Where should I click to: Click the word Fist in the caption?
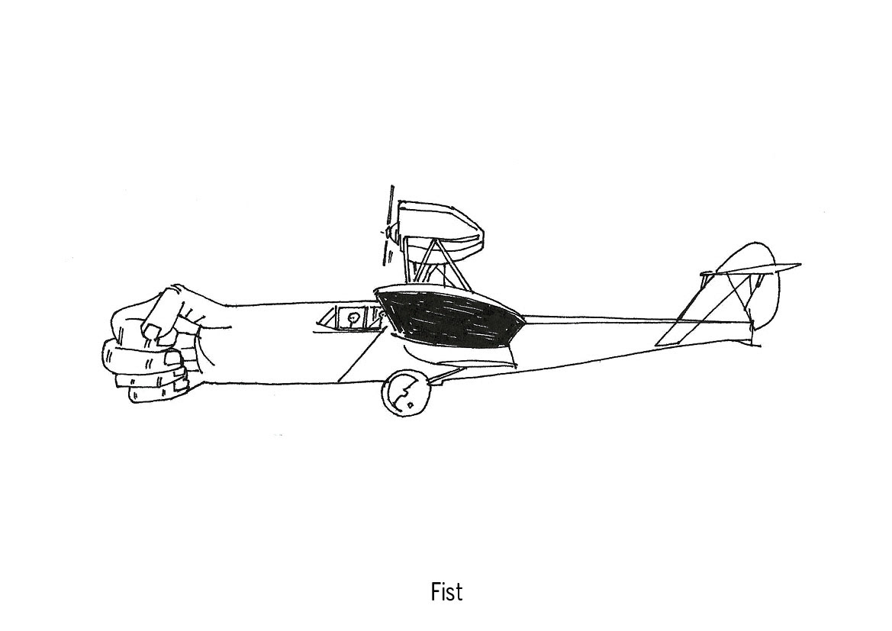[x=446, y=591]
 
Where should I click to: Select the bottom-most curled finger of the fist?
[x=156, y=393]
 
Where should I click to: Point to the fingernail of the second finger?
[x=173, y=357]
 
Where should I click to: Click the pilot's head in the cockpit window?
[x=353, y=317]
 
